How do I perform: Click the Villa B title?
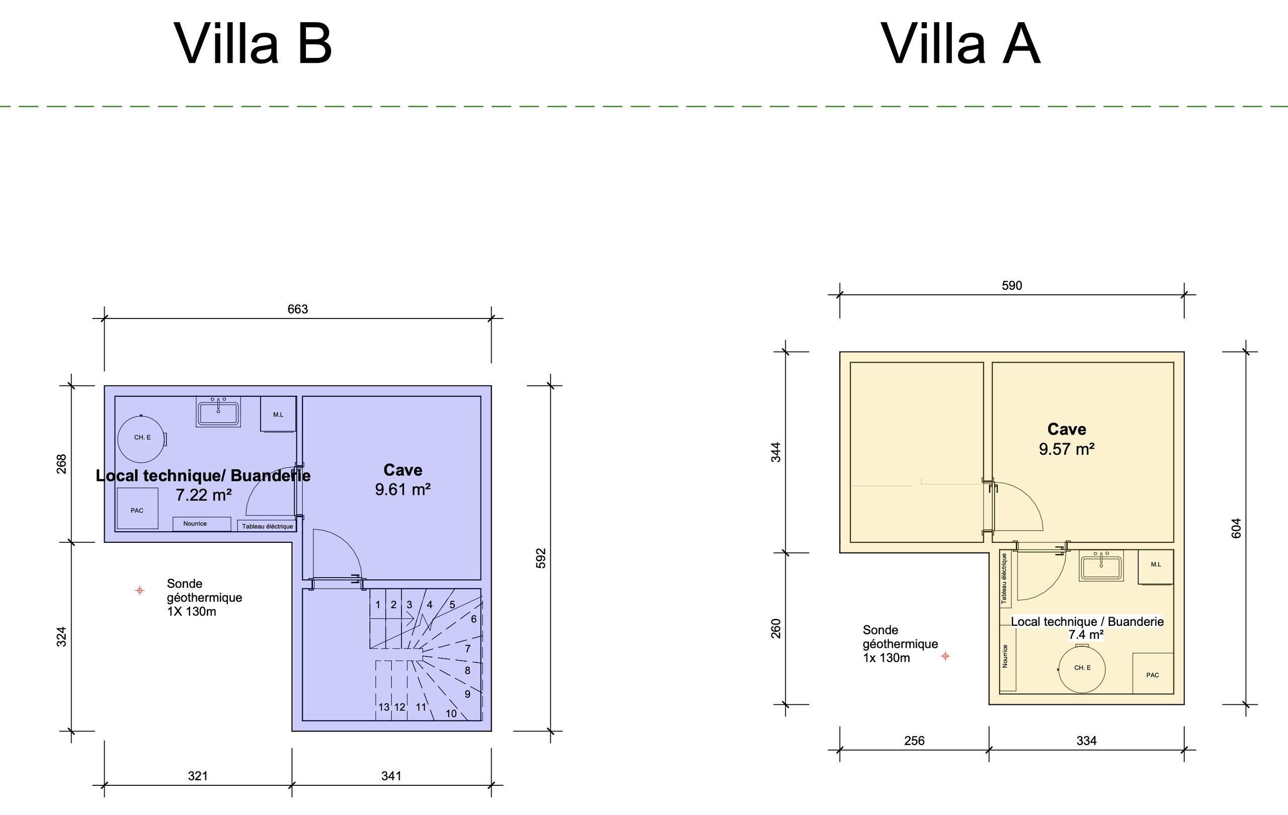click(x=253, y=44)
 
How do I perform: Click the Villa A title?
click(x=960, y=44)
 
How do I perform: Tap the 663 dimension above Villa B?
click(x=297, y=309)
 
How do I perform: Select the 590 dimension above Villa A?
click(x=1011, y=286)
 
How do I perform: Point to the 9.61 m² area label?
click(x=403, y=490)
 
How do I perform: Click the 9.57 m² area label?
click(x=1067, y=449)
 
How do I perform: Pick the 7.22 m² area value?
click(x=204, y=495)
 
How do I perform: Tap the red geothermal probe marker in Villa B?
click(x=139, y=591)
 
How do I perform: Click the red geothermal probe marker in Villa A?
click(x=945, y=656)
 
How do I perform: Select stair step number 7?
click(x=467, y=648)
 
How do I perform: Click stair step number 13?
click(x=384, y=707)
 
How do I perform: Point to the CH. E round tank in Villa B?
click(x=141, y=439)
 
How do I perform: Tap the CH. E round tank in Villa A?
click(x=1082, y=669)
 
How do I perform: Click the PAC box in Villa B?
click(x=137, y=508)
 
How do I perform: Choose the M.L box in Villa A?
click(x=1155, y=566)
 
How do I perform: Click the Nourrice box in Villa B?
click(x=202, y=524)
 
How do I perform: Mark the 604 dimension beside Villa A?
click(x=1236, y=528)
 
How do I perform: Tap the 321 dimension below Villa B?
click(x=197, y=776)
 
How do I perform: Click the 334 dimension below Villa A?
click(x=1086, y=741)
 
